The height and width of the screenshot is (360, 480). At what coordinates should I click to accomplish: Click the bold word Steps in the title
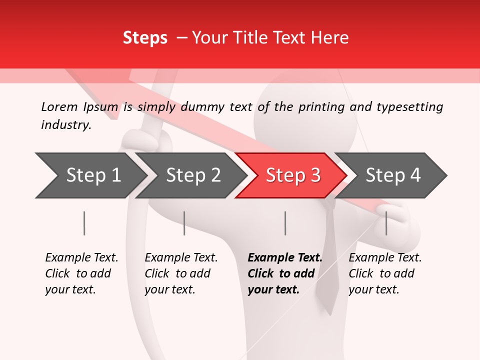pyautogui.click(x=145, y=38)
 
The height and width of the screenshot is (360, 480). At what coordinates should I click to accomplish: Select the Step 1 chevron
pyautogui.click(x=90, y=175)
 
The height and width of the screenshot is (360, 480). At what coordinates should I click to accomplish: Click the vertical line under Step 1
pyautogui.click(x=84, y=223)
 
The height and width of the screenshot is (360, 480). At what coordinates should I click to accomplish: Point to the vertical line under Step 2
pyautogui.click(x=184, y=223)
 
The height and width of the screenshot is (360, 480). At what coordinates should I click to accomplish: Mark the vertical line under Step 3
pyautogui.click(x=285, y=223)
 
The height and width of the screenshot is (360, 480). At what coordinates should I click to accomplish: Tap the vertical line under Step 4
pyautogui.click(x=386, y=223)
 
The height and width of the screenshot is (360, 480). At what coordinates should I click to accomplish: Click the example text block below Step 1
pyautogui.click(x=81, y=273)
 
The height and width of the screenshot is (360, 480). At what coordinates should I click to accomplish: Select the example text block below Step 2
pyautogui.click(x=181, y=273)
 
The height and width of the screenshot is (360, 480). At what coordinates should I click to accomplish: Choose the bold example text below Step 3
pyautogui.click(x=284, y=273)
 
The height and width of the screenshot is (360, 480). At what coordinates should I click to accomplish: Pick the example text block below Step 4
pyautogui.click(x=385, y=273)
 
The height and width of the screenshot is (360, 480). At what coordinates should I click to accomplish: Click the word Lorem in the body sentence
pyautogui.click(x=59, y=107)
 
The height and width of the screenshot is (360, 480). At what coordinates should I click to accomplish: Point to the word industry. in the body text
pyautogui.click(x=66, y=125)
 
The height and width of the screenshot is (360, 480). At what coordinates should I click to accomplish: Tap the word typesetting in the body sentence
pyautogui.click(x=409, y=107)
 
